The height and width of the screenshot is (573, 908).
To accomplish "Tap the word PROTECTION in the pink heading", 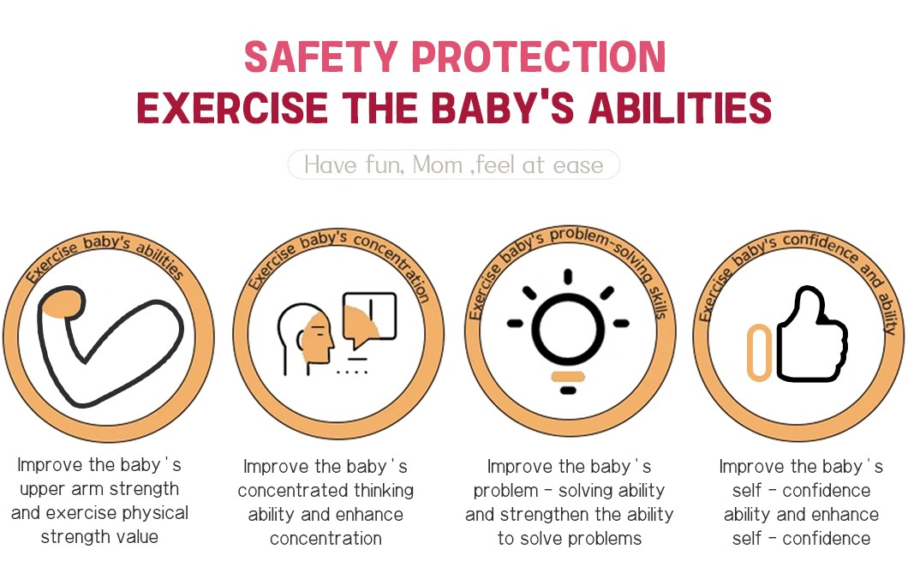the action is [x=539, y=57].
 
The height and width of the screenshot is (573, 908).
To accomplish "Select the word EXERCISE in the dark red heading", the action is [x=232, y=108].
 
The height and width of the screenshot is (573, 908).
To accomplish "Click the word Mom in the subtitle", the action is [x=437, y=165].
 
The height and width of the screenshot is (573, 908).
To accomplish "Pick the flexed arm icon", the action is [x=110, y=345].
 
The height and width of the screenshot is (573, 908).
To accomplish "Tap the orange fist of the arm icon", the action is [x=61, y=303].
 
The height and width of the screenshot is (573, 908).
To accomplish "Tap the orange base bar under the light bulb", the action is [x=568, y=377].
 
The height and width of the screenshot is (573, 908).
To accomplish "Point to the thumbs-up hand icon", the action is [x=811, y=334].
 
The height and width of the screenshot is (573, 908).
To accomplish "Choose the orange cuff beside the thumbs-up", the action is [x=759, y=352].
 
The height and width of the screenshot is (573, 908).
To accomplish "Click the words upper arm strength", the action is [x=99, y=489].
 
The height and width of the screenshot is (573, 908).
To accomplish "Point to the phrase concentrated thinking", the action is [x=326, y=491].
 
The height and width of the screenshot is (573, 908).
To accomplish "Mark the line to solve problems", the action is [x=570, y=539].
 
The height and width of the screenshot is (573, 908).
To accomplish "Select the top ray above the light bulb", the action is [x=568, y=277].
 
